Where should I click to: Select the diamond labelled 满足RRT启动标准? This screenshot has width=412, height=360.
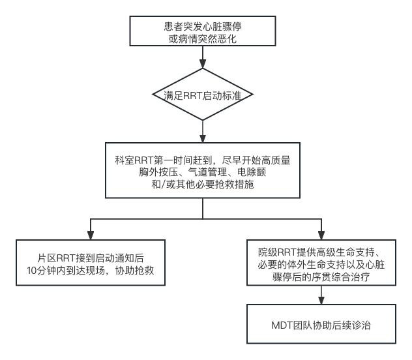[x=204, y=95]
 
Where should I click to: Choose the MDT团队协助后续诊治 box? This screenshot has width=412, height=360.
[x=319, y=324]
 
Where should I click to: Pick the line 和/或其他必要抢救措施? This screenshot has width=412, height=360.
[x=204, y=185]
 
